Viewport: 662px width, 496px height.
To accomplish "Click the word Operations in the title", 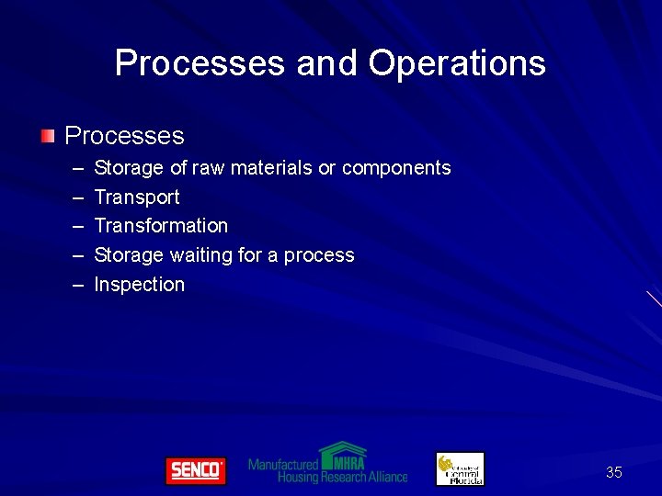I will [x=457, y=64].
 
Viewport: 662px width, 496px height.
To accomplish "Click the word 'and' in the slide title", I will [x=327, y=63].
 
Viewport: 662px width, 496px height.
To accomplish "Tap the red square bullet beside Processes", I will [x=48, y=136].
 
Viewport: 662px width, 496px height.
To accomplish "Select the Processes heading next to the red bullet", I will [x=124, y=136].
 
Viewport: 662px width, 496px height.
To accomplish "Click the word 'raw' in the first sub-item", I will [x=208, y=168].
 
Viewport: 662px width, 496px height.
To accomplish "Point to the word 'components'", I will [x=396, y=169].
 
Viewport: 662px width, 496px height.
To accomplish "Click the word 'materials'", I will [x=270, y=168].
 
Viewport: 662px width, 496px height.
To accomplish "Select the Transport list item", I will [x=137, y=197].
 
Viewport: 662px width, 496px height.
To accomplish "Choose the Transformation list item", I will [x=161, y=226].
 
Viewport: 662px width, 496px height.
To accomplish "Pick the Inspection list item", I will [x=139, y=285].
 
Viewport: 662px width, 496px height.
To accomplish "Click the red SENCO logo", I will [x=195, y=470].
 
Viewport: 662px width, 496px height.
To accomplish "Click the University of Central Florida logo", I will [x=460, y=468].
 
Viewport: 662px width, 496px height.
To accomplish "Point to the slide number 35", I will [x=614, y=472].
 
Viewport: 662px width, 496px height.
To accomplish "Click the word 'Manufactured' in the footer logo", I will [x=283, y=465].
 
